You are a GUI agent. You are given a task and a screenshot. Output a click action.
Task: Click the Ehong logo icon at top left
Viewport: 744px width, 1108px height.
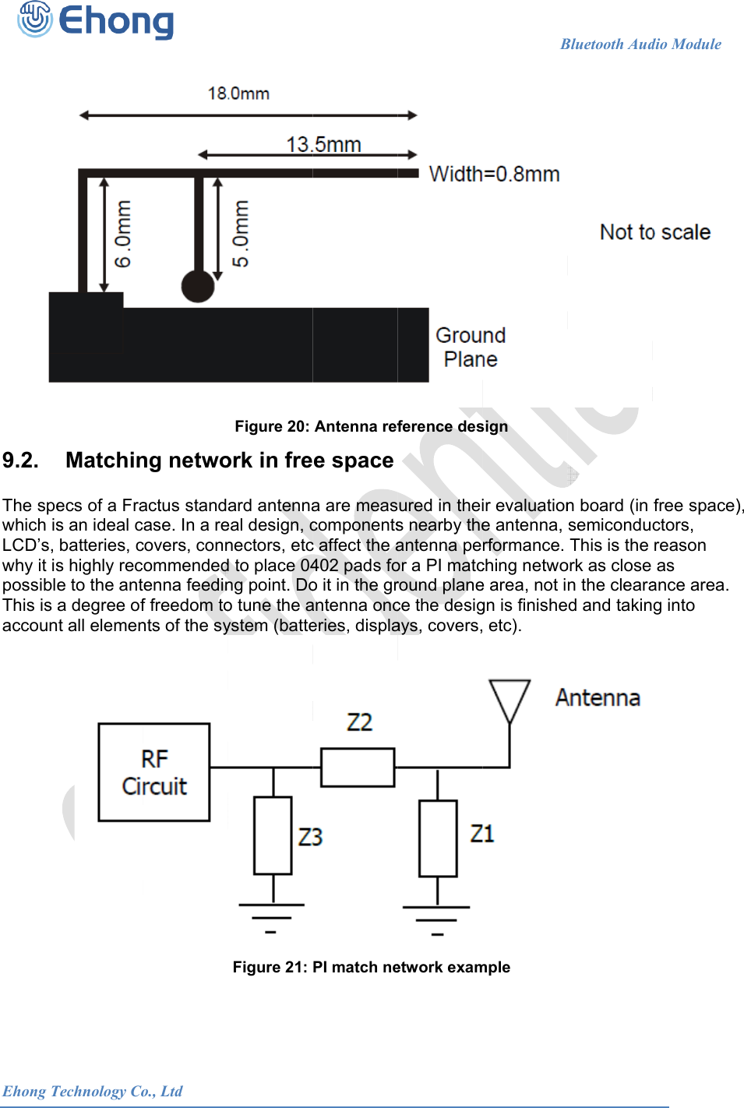(x=35, y=19)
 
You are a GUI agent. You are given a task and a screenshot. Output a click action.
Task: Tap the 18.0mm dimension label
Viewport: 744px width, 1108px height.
(x=238, y=94)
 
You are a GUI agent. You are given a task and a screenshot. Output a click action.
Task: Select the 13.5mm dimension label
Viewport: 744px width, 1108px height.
(x=323, y=145)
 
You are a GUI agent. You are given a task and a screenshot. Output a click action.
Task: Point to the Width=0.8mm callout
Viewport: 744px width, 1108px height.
(x=494, y=174)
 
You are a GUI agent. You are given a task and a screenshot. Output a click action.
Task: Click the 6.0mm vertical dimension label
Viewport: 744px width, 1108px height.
(x=123, y=234)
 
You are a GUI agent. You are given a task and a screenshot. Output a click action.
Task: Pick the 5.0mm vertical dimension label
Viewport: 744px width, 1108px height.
(x=241, y=234)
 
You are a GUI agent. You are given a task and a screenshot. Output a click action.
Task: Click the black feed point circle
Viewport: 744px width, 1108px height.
(x=198, y=286)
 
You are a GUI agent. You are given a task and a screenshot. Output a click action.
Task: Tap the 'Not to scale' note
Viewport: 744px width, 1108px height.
(x=654, y=232)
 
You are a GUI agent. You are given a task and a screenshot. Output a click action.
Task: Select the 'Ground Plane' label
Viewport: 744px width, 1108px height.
(x=471, y=348)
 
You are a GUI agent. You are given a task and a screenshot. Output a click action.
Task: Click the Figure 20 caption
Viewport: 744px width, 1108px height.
(x=371, y=426)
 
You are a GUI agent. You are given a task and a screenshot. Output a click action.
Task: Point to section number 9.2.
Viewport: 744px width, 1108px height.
(x=20, y=460)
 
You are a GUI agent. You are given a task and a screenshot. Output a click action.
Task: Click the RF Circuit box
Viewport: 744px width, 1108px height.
(x=154, y=772)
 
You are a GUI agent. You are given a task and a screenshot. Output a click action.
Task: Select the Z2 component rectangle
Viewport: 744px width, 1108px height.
(x=358, y=767)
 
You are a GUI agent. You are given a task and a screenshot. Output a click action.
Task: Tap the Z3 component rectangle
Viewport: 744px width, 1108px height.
(x=273, y=835)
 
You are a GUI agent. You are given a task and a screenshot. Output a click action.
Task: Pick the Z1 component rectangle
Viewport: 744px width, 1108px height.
(x=438, y=838)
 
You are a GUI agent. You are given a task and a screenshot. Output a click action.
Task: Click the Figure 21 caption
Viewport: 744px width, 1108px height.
(x=371, y=967)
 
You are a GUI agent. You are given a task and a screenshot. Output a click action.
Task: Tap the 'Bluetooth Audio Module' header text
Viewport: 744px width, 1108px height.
(x=640, y=44)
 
